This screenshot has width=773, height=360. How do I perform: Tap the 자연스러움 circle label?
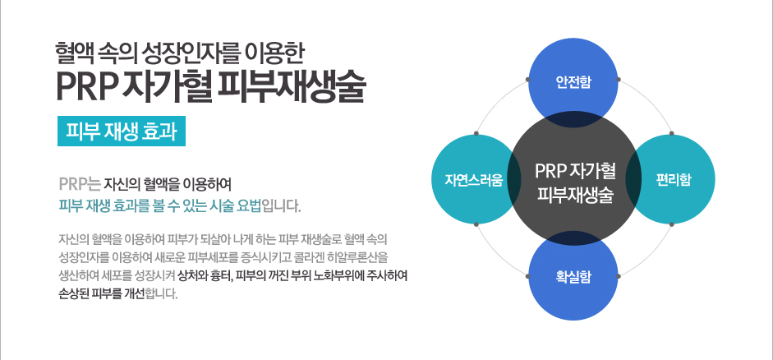474,179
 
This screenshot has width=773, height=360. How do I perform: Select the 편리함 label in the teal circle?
673,179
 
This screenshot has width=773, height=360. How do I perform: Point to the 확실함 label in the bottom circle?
573,277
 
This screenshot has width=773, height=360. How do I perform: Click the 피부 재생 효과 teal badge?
122,132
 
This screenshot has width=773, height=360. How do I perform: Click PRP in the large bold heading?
85,87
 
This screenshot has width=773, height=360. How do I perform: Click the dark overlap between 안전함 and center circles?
573,120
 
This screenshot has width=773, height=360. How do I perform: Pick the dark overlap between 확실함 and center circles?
573,238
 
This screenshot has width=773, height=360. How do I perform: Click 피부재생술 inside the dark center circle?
575,195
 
